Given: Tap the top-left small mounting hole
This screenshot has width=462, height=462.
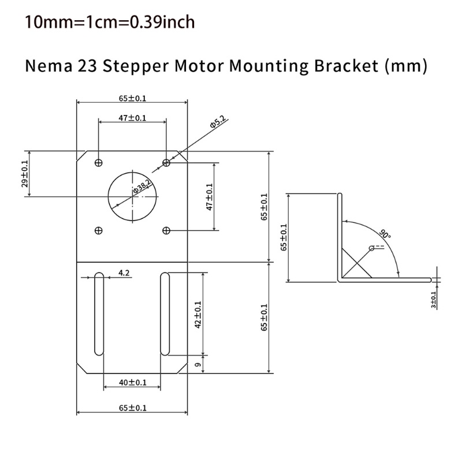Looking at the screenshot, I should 98,162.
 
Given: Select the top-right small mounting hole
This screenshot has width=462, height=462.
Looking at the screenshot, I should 166,162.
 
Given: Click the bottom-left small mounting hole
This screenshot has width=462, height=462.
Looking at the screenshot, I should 98,230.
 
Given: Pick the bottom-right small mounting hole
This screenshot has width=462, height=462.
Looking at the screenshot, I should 166,230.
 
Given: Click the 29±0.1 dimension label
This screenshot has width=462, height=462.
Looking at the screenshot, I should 24,174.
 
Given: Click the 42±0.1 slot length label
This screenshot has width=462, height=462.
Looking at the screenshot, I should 198,315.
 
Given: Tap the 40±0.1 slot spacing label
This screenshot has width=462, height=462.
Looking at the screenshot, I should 133,382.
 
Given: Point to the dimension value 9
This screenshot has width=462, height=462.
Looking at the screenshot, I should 198,365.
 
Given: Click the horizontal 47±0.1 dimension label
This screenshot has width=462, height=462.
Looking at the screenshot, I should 133,117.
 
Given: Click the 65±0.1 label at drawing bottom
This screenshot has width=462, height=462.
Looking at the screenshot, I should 133,407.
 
